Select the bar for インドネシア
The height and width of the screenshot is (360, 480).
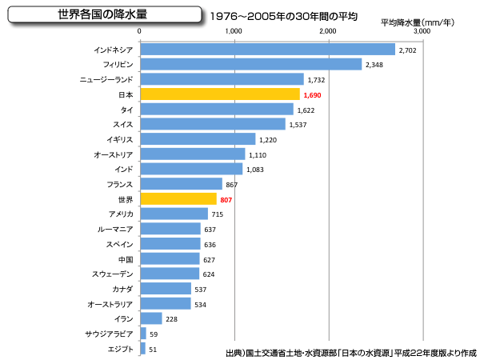pos(267,50)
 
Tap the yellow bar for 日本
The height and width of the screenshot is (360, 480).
pos(219,94)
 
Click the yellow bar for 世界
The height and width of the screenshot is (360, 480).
pos(178,199)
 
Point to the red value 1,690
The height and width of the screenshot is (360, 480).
pos(314,95)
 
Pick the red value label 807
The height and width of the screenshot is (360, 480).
pos(226,199)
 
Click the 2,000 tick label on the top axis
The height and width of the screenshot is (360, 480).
pos(328,31)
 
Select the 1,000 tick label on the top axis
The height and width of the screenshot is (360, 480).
pos(234,31)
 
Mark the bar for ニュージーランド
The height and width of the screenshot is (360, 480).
pos(222,79)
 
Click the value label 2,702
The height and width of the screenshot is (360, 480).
pos(408,50)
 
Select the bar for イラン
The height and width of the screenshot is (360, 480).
pos(151,318)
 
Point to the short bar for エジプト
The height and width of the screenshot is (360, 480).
pos(142,349)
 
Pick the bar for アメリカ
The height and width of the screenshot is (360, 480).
pos(174,214)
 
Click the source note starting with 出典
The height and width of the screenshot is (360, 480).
pos(350,351)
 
